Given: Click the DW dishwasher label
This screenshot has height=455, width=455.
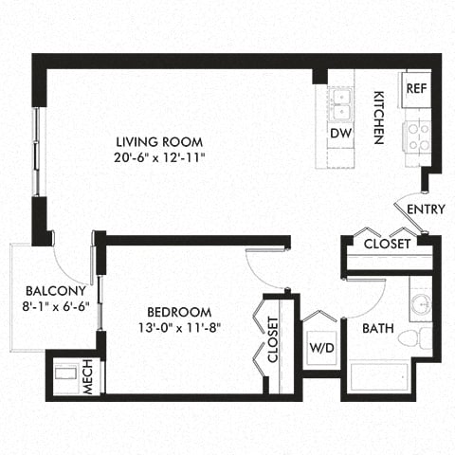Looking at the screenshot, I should pos(340,133).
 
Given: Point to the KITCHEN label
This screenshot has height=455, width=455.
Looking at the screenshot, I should pos(377,118).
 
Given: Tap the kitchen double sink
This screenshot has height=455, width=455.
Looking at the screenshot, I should pos(340,99).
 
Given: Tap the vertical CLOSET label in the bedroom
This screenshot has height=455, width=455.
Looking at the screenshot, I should pos(273,340).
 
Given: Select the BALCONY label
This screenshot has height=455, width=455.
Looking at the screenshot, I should pos(57,290).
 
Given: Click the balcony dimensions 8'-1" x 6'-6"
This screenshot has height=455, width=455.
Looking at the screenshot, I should pos(57,307).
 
